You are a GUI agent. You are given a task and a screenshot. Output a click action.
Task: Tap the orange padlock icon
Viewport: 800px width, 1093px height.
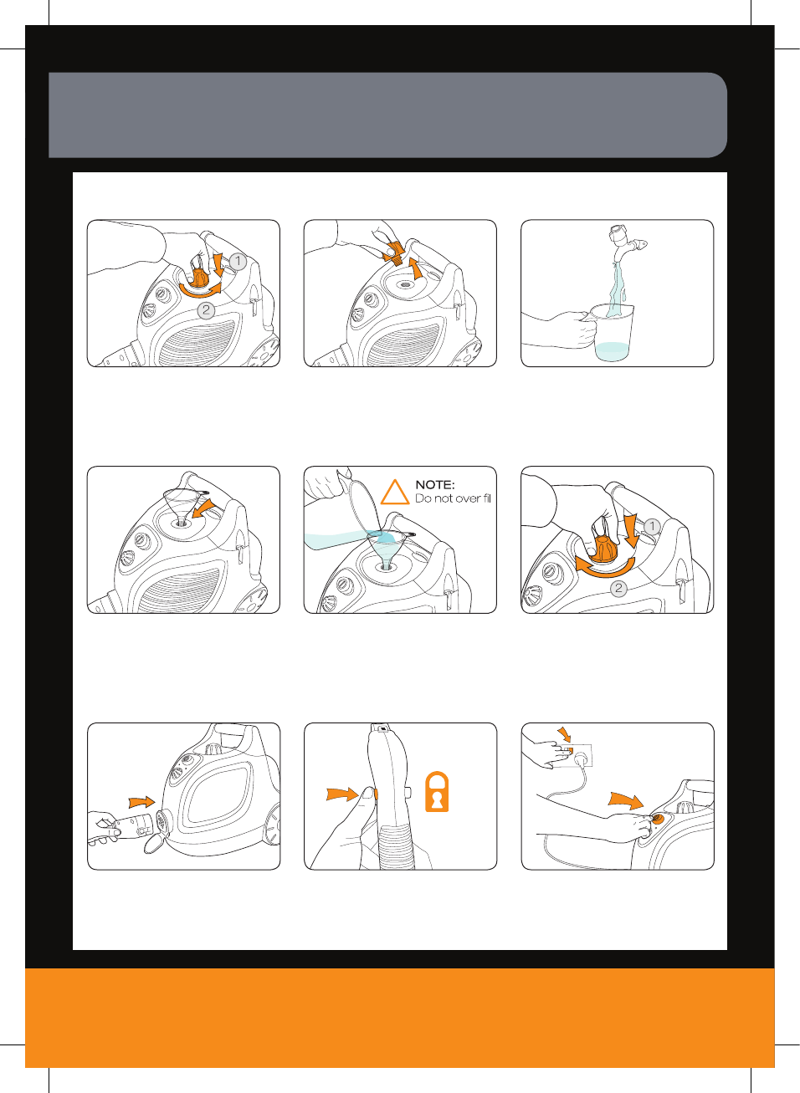pos(437,791)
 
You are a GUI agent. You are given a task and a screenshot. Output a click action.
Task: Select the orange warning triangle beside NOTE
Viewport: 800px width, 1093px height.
pos(395,492)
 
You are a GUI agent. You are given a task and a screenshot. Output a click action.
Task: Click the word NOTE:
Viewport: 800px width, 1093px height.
pos(434,485)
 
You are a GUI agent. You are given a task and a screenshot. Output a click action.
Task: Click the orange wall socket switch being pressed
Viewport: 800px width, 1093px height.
pos(568,750)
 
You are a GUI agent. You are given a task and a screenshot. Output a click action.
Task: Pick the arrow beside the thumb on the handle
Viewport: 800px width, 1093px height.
pos(343,794)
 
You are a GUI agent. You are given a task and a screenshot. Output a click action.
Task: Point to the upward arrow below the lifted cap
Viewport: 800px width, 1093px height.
pos(416,269)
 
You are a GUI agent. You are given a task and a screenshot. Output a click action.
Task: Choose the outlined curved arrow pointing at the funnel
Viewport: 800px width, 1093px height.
pos(204,508)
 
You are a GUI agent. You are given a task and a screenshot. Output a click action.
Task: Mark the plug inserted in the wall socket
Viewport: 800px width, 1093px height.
pos(582,759)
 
